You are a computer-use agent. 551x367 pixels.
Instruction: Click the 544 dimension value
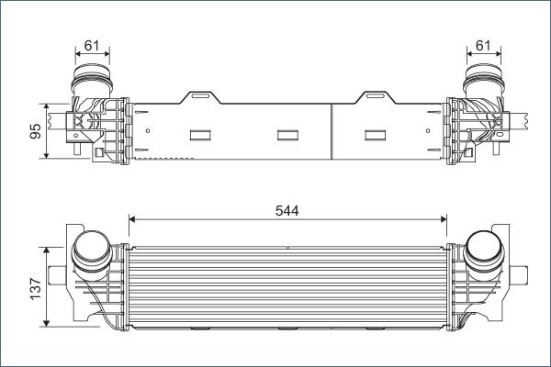click(287, 209)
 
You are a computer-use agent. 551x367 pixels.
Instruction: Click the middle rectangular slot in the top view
click(288, 136)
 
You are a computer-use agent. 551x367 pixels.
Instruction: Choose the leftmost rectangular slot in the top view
click(201, 136)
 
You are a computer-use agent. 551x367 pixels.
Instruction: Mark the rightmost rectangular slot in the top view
click(377, 136)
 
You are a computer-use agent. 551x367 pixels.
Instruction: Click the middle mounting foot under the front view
click(288, 328)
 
